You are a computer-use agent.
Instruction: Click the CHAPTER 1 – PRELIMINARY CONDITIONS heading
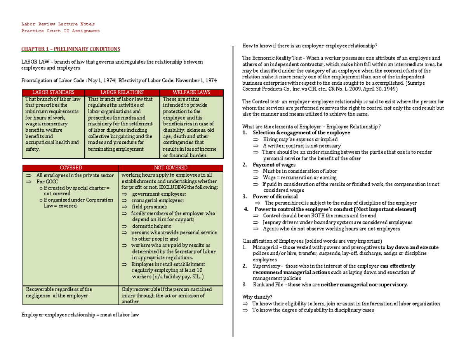pos(70,49)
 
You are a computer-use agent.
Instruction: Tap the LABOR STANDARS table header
pos(52,92)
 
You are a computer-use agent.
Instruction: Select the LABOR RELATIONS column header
pos(122,92)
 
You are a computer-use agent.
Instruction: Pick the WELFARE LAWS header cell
pos(191,92)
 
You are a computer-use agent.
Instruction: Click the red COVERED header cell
pos(70,168)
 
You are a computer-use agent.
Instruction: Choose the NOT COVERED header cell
pos(171,168)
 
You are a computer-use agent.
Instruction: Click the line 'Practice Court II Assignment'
pos(61,31)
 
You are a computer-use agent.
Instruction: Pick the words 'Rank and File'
pos(266,285)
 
